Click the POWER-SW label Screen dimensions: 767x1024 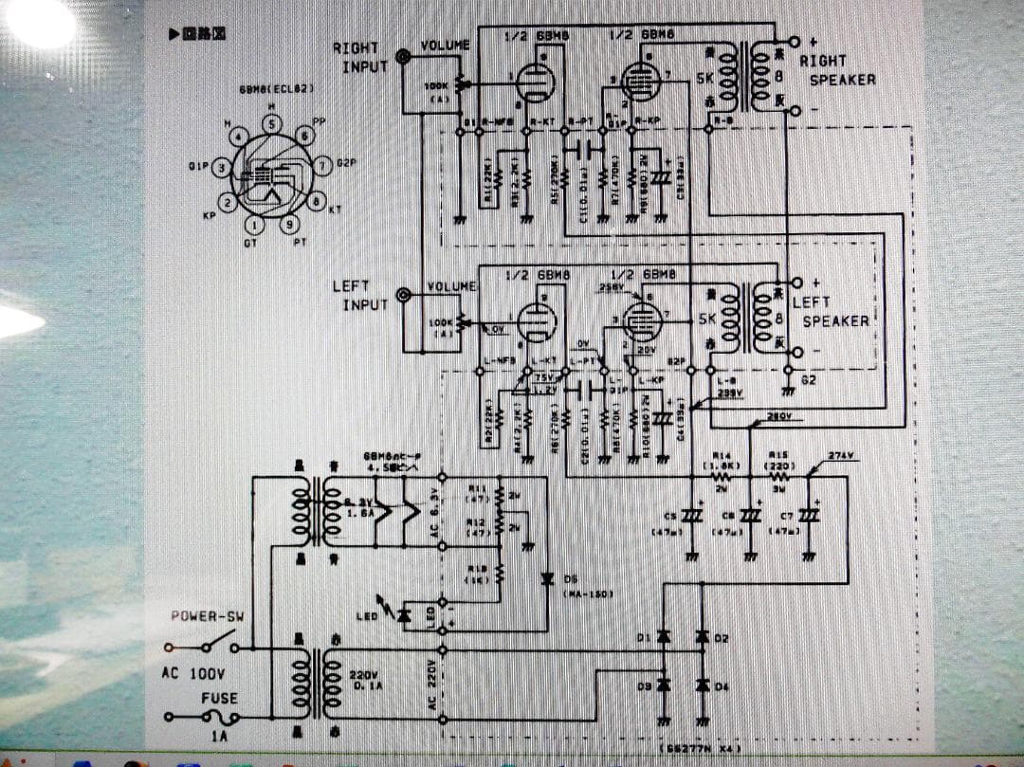(207, 617)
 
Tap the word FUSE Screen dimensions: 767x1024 (219, 698)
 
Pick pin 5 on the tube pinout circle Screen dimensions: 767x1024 (272, 124)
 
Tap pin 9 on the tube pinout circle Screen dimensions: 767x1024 (290, 225)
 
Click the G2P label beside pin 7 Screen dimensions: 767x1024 (345, 163)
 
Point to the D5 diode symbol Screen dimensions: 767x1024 (547, 578)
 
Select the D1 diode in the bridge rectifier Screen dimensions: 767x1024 (664, 636)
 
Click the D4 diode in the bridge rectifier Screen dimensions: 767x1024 (703, 685)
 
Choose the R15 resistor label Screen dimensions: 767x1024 (779, 455)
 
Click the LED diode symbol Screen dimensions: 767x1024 (405, 615)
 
